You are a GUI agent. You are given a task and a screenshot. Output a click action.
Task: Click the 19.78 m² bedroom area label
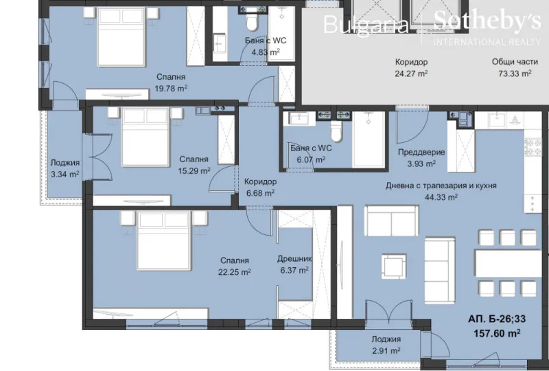pyautogui.click(x=171, y=89)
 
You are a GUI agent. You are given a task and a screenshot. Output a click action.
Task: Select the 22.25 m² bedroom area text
pyautogui.click(x=235, y=272)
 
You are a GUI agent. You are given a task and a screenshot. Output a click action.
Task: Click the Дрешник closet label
pyautogui.click(x=294, y=260)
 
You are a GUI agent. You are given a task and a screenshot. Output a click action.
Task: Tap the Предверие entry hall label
pyautogui.click(x=421, y=153)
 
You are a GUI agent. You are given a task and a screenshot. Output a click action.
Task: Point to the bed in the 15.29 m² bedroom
pyautogui.click(x=145, y=139)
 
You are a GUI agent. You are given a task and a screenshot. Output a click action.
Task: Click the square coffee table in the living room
pyautogui.click(x=395, y=265)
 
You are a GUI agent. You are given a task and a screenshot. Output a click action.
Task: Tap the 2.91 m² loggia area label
pyautogui.click(x=386, y=351)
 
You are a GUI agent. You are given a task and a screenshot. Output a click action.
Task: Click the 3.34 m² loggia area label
pyautogui.click(x=65, y=175)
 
